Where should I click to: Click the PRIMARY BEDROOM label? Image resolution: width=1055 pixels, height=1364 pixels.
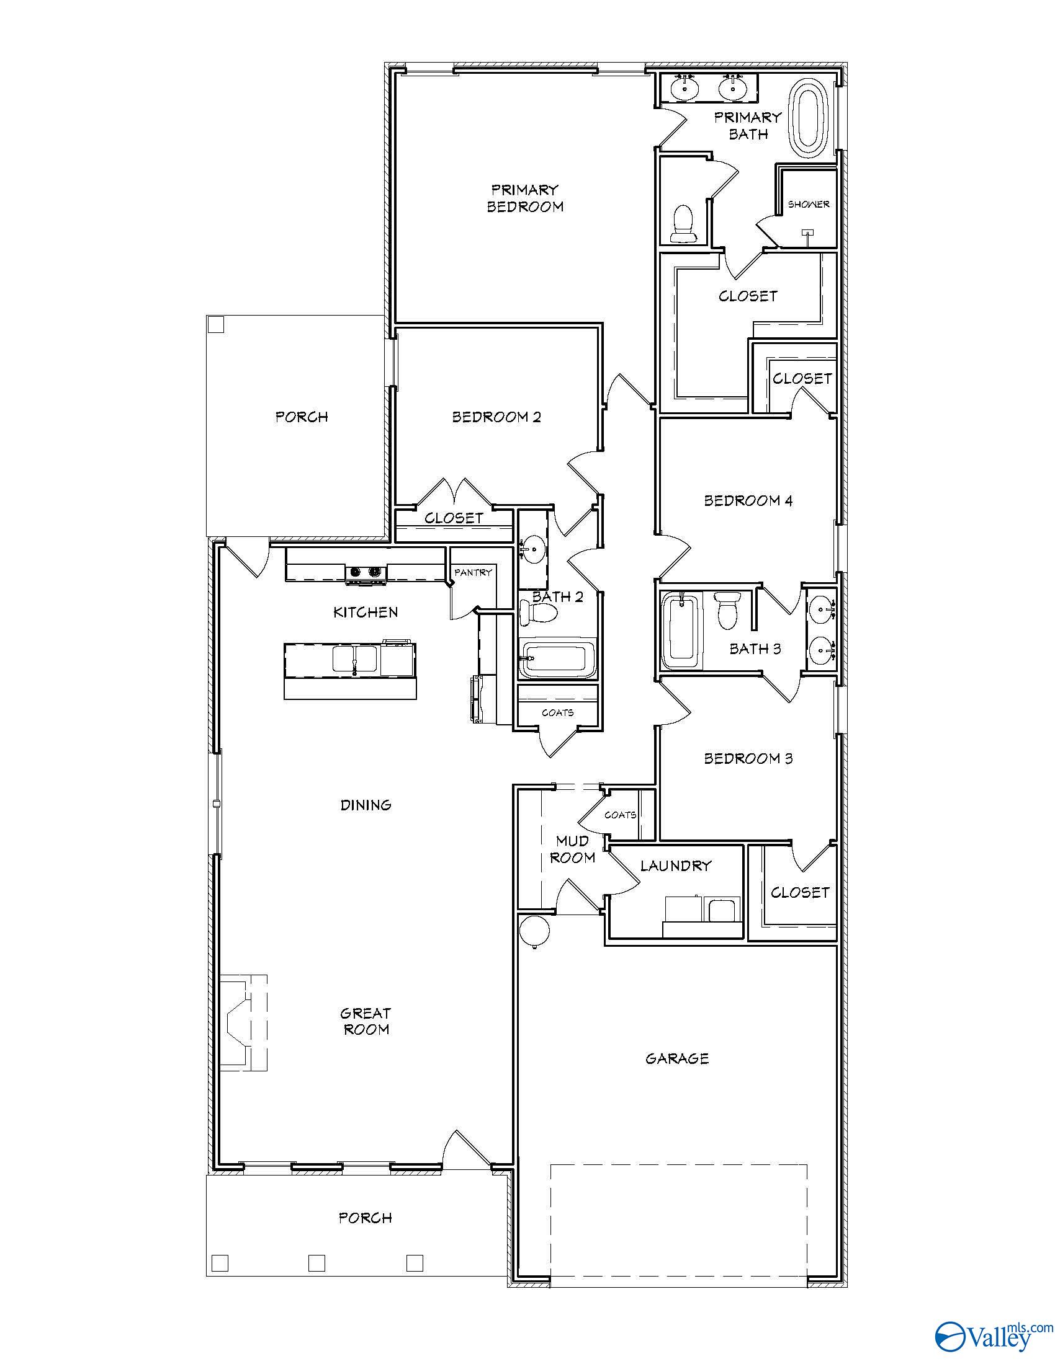click(x=525, y=198)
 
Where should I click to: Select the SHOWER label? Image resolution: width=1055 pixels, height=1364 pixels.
click(x=808, y=204)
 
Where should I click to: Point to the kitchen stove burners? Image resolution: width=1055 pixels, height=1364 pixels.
click(x=366, y=572)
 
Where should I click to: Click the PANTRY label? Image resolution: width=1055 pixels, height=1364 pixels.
click(x=473, y=572)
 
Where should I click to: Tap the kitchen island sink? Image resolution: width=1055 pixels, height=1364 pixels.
click(x=354, y=660)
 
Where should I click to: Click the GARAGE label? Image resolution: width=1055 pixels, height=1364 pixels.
click(x=677, y=1058)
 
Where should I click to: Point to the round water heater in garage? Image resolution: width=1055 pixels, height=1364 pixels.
click(x=534, y=930)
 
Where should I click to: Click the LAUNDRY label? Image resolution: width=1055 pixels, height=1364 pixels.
click(x=676, y=866)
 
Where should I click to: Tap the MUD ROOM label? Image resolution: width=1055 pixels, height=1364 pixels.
click(x=572, y=849)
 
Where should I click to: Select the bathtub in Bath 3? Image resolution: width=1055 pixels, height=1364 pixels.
click(x=681, y=631)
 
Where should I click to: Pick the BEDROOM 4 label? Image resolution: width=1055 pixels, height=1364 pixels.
click(x=748, y=500)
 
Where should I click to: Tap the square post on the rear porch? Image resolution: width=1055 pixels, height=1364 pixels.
click(x=215, y=325)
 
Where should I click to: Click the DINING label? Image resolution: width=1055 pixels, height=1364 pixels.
click(x=366, y=805)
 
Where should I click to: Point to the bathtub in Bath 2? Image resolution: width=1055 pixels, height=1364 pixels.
click(x=556, y=659)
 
